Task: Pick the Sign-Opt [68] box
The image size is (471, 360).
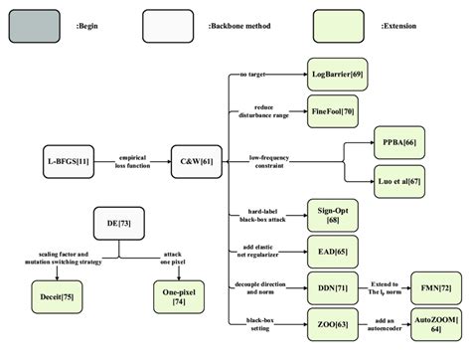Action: [x=334, y=215]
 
